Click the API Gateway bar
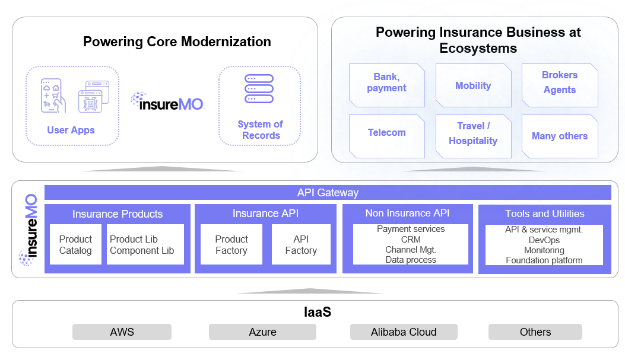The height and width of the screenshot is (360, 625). (x=328, y=193)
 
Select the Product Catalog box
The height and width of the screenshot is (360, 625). (x=75, y=244)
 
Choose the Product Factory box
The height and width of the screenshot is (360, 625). (x=231, y=244)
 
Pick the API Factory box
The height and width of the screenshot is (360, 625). (x=301, y=244)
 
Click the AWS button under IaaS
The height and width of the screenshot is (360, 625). (x=122, y=332)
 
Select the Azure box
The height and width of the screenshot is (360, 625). (x=262, y=332)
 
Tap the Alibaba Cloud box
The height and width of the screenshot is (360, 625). (x=404, y=332)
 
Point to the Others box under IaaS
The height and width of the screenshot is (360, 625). (x=535, y=332)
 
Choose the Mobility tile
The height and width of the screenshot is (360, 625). (x=473, y=85)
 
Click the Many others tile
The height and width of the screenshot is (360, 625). (x=560, y=136)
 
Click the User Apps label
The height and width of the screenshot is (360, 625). (x=71, y=130)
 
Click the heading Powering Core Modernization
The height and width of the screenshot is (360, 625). (x=177, y=42)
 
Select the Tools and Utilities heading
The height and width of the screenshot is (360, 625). (x=545, y=214)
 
